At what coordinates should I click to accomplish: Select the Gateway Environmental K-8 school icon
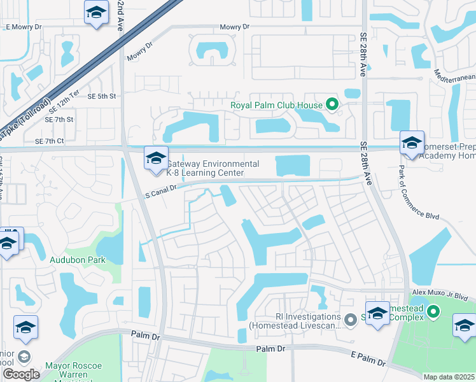click(x=156, y=160)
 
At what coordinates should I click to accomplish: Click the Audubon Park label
click(x=78, y=260)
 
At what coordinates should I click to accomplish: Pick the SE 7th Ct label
click(x=50, y=141)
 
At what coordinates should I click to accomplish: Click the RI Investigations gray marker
click(x=350, y=320)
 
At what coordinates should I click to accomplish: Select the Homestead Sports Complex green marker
click(x=433, y=311)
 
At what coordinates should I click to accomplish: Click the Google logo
click(x=21, y=374)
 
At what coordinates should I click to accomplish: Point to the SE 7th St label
click(x=59, y=119)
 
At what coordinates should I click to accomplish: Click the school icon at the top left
click(x=96, y=13)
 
